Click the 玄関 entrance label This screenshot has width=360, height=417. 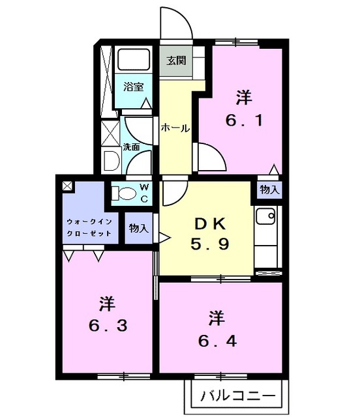click(x=176, y=61)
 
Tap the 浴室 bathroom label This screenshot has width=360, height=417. click(x=134, y=87)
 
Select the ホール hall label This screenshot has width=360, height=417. click(x=175, y=129)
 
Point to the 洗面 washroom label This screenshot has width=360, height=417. click(x=131, y=147)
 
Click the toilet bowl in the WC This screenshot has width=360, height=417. click(x=125, y=193)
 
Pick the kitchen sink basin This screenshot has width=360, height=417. click(x=265, y=216)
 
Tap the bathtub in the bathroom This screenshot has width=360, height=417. click(x=134, y=59)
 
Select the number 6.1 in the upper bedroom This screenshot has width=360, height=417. click(x=244, y=121)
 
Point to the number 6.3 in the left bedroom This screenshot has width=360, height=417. click(x=108, y=326)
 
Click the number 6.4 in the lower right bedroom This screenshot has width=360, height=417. click(x=218, y=341)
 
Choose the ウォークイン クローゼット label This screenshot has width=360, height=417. click(x=89, y=227)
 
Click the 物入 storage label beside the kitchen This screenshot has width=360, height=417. click(x=270, y=190)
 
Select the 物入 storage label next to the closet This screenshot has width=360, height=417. click(x=138, y=228)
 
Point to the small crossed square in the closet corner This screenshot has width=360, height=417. click(x=67, y=186)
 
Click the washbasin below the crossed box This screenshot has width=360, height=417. click(x=111, y=161)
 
